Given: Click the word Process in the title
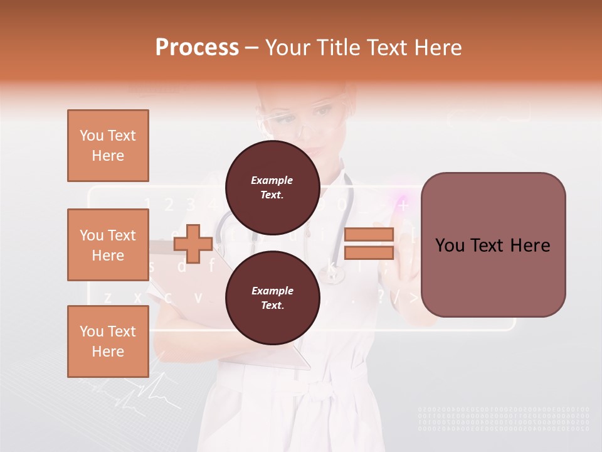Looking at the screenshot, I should click(x=197, y=48).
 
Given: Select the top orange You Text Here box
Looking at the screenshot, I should click(x=108, y=146).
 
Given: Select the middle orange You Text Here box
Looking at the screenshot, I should click(x=108, y=245).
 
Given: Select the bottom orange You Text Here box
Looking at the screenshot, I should click(x=108, y=342).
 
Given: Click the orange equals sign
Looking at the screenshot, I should click(x=369, y=244).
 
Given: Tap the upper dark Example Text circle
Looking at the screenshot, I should click(x=272, y=188).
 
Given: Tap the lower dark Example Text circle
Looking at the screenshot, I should click(x=272, y=298).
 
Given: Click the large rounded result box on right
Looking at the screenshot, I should click(x=493, y=245).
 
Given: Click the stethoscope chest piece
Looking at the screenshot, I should click(x=331, y=274).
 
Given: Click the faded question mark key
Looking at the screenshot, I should click(x=381, y=297).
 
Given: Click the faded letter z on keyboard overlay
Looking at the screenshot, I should click(x=108, y=297).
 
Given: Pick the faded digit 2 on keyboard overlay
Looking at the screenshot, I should click(x=168, y=204).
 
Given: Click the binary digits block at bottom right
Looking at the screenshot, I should click(x=503, y=419).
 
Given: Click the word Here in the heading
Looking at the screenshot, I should click(x=438, y=48).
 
